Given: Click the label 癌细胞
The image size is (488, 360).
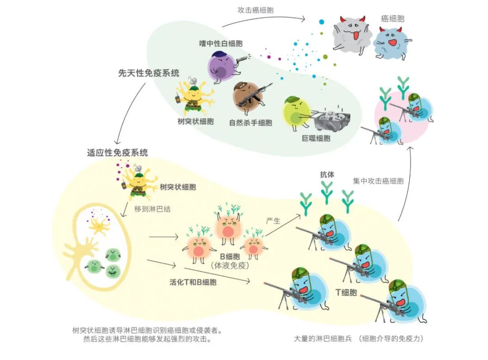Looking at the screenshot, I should point(392,19).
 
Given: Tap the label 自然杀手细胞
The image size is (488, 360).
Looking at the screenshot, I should point(250,123).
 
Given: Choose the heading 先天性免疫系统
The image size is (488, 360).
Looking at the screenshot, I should point(149,73).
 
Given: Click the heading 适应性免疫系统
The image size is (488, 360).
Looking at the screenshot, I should point(117,152).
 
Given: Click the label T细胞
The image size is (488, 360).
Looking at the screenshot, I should point(346,292).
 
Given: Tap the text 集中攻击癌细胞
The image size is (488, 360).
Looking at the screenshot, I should point(378,180).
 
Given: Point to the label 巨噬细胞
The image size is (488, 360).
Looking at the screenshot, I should point(317,137).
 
